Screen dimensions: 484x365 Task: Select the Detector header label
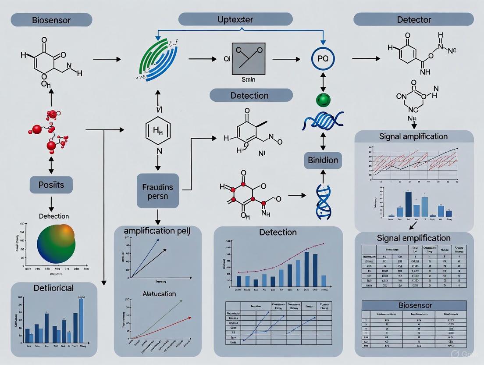(x=413, y=20)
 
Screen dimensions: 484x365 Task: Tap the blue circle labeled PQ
(x=322, y=58)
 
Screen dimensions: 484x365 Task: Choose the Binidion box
(x=322, y=160)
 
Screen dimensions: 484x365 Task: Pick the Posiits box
(x=51, y=185)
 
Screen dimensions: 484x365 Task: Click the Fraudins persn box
(x=158, y=190)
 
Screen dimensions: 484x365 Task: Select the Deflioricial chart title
(x=53, y=288)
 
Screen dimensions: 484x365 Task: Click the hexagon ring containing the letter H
(x=158, y=129)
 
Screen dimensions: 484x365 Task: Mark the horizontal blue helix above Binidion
(x=322, y=121)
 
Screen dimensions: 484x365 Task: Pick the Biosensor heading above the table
(x=415, y=305)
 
